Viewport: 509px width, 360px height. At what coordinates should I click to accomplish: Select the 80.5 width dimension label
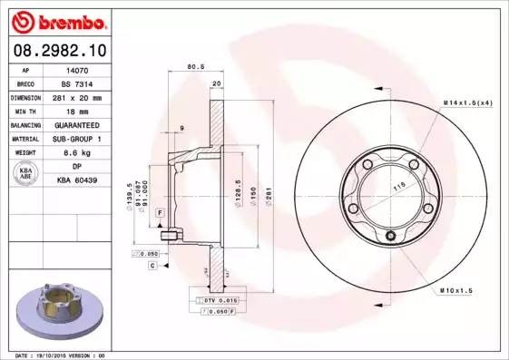point(193,66)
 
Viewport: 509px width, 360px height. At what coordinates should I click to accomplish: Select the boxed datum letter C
point(154,265)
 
